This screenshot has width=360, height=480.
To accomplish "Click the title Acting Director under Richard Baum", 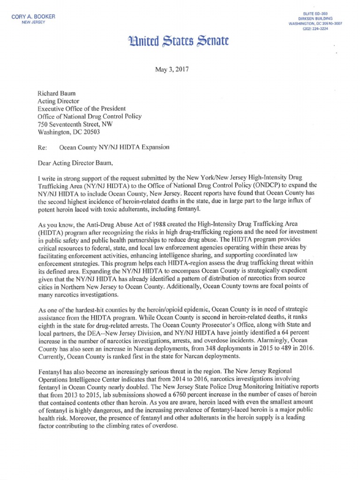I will [x=59, y=100].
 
